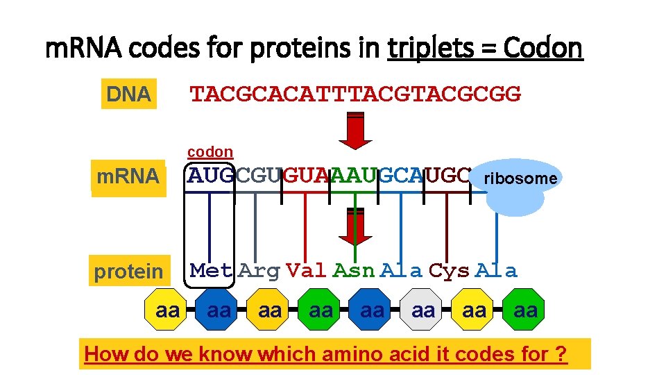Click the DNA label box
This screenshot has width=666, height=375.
129,94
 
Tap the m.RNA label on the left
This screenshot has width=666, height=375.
128,177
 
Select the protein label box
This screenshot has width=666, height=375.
129,272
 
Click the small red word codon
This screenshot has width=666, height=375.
210,151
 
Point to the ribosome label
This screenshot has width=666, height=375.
520,178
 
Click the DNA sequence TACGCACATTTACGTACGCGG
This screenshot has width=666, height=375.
355,94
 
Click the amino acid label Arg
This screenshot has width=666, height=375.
259,270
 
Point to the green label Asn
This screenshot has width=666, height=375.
355,270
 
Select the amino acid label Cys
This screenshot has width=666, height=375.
450,270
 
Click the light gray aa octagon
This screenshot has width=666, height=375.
423,310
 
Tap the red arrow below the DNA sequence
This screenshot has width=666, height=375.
355,131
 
